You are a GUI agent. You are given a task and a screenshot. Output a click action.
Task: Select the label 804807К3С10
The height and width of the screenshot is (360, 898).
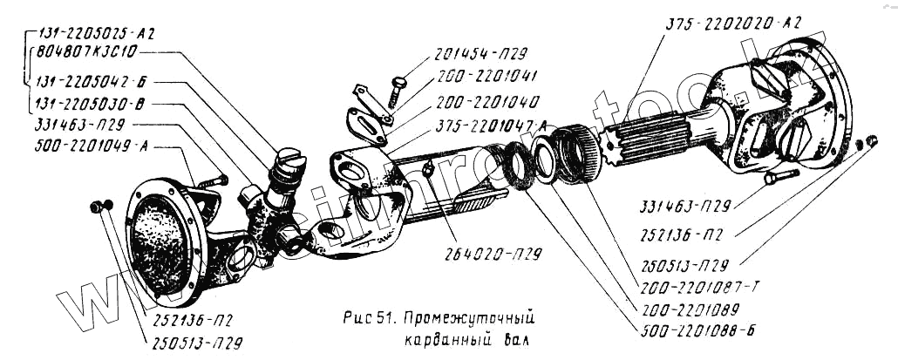click(85, 52)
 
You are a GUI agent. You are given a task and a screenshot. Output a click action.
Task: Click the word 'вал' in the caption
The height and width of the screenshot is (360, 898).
click(509, 336)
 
